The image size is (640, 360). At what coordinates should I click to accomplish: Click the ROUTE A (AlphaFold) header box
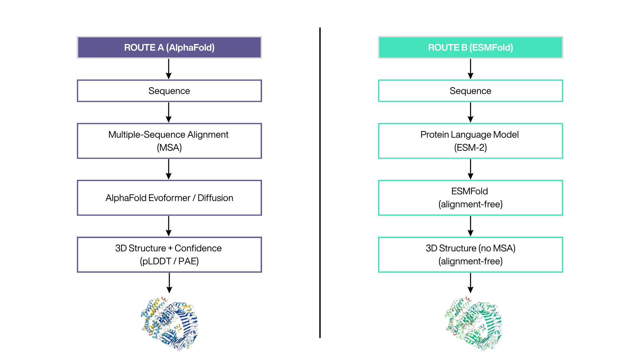click(x=169, y=47)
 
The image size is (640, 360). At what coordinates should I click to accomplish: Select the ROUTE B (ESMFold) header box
click(x=471, y=47)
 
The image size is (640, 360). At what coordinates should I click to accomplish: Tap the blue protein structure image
click(x=169, y=323)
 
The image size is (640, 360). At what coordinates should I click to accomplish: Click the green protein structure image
click(x=473, y=323)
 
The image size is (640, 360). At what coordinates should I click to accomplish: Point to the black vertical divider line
click(x=320, y=183)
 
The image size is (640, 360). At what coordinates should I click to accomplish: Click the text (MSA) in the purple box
click(x=169, y=147)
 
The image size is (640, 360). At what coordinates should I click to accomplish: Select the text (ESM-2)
click(x=470, y=147)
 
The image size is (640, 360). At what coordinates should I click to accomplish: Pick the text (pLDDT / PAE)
click(x=169, y=261)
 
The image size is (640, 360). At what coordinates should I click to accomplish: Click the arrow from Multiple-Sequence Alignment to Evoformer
click(x=169, y=169)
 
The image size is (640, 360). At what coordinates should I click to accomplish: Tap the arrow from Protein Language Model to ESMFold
click(x=471, y=169)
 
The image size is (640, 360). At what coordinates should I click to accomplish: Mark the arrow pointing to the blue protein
click(x=169, y=283)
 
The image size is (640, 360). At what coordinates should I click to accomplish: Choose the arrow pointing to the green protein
click(x=471, y=283)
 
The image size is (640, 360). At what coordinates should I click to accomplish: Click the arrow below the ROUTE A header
click(x=169, y=69)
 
